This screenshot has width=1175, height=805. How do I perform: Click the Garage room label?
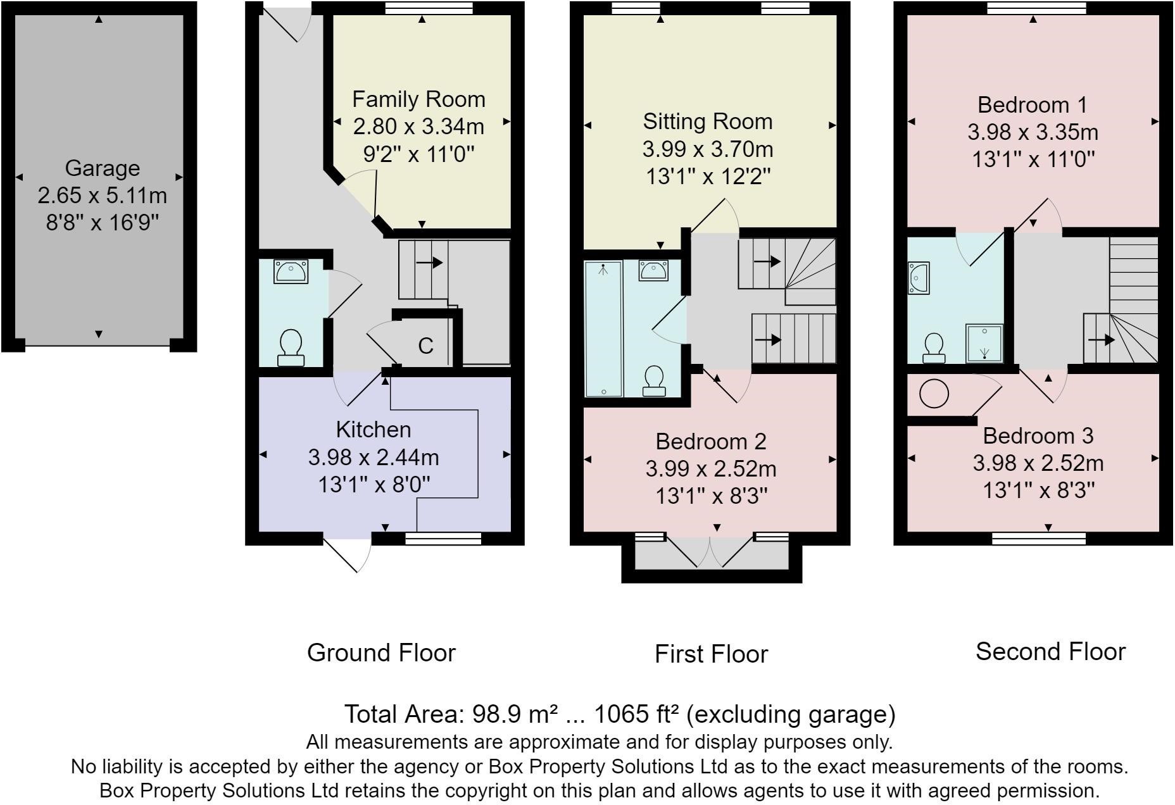[102, 168]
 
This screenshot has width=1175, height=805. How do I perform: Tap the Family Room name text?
[418, 99]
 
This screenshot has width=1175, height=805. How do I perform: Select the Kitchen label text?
[373, 430]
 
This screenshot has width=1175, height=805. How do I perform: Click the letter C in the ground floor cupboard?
[425, 346]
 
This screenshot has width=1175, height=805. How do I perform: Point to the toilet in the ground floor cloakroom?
[291, 347]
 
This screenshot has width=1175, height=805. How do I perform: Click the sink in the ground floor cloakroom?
[291, 271]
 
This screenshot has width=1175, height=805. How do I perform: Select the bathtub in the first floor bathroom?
[603, 328]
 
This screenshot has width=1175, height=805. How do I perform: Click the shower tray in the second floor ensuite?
[984, 344]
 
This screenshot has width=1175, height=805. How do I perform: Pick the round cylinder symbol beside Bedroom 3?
[934, 394]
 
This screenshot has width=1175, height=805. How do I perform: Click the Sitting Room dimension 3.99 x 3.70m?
[707, 149]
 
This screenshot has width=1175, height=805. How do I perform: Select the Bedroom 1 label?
[1032, 104]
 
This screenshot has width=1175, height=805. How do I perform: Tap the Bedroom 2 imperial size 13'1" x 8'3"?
[711, 496]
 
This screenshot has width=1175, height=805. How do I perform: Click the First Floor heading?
[711, 654]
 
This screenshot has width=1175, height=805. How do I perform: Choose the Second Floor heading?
[1050, 651]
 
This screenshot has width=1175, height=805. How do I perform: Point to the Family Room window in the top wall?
[429, 8]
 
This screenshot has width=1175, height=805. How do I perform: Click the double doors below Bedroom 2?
[710, 552]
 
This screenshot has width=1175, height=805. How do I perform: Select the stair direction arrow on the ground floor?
[429, 262]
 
